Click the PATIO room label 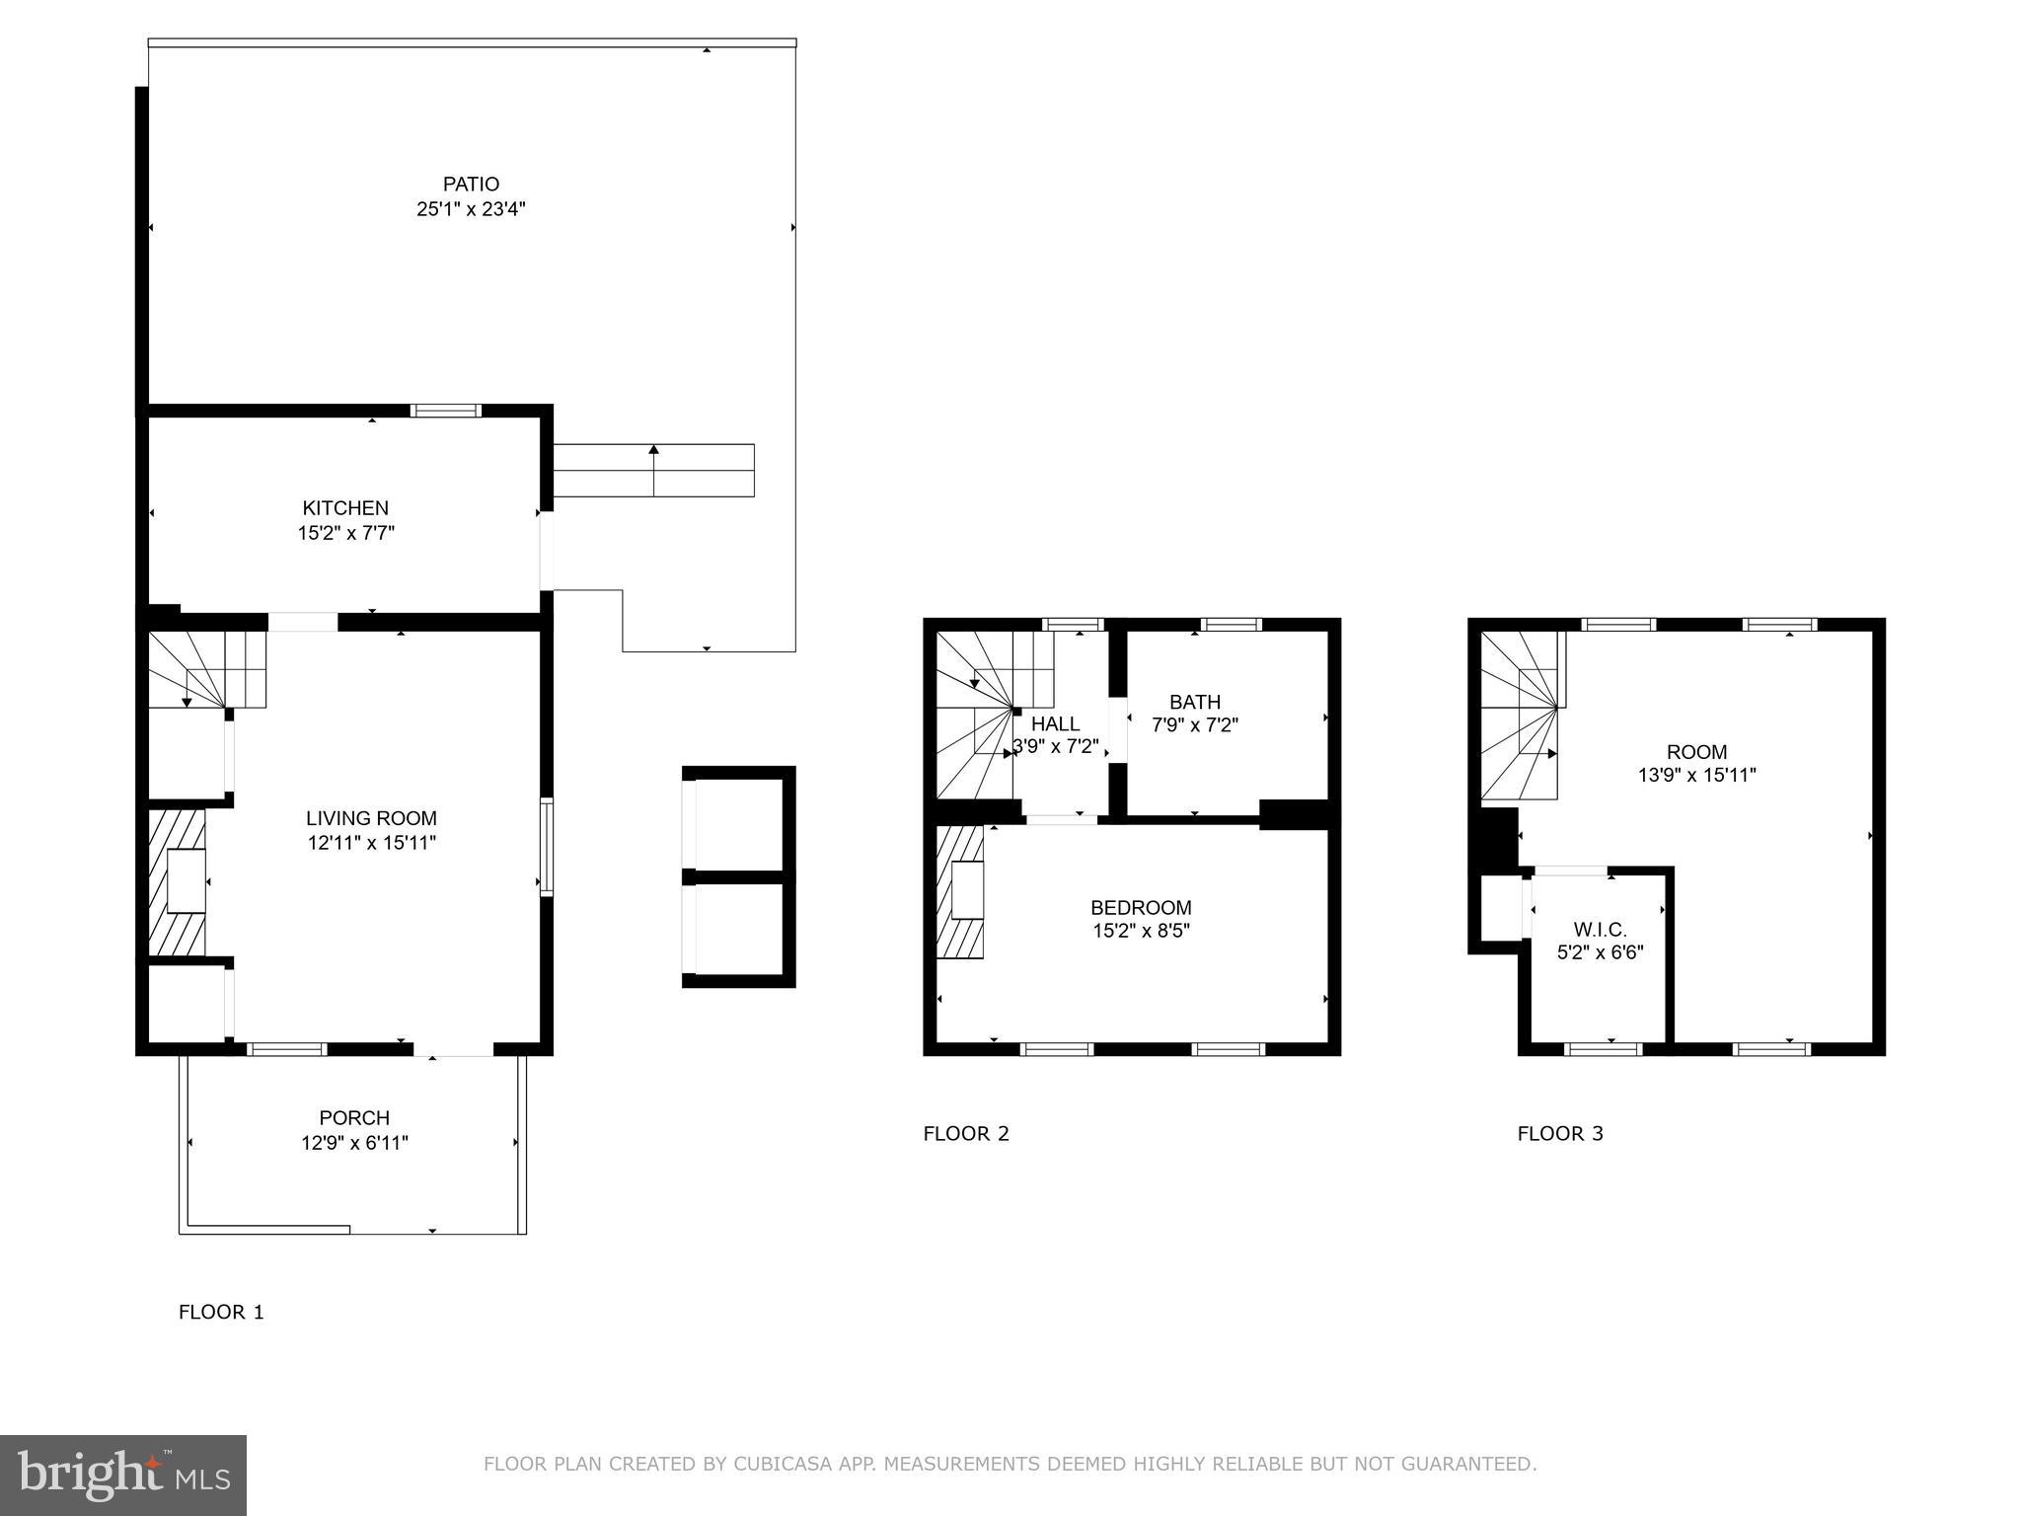click(x=471, y=184)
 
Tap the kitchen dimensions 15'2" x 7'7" click(x=346, y=533)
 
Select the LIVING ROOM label click(x=371, y=818)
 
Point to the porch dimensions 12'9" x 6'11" click(x=354, y=1143)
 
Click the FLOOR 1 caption click(x=221, y=1312)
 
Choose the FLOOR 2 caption click(x=966, y=1133)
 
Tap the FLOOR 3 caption click(x=1560, y=1133)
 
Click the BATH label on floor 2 click(x=1195, y=702)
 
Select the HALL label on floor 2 click(x=1055, y=723)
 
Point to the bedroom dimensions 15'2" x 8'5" click(x=1141, y=931)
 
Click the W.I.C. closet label click(x=1600, y=929)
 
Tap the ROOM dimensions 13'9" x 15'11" click(x=1697, y=776)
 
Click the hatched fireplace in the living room click(x=177, y=883)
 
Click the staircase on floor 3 click(x=1520, y=716)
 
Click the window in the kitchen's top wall click(x=446, y=411)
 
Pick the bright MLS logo click(x=123, y=1475)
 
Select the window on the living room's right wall click(x=547, y=847)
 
